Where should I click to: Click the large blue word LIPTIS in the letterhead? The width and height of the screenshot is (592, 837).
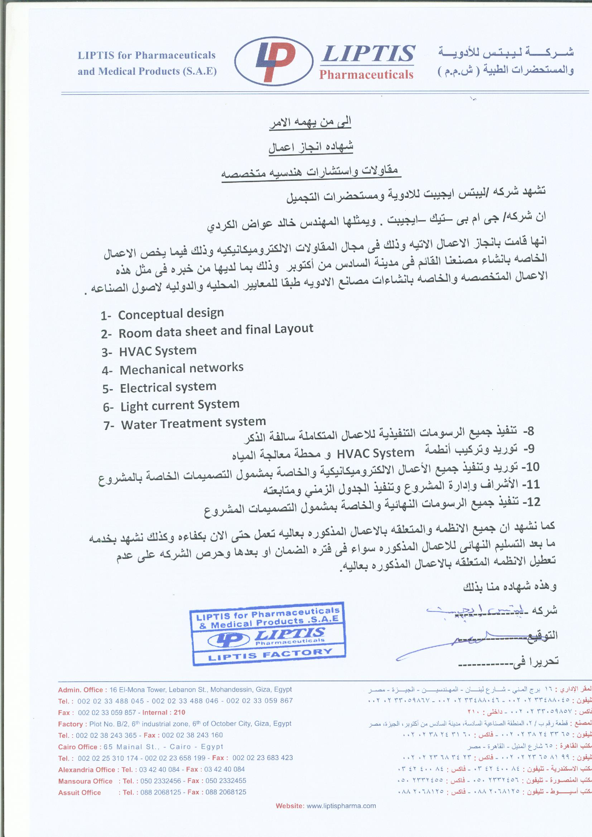tap(367, 54)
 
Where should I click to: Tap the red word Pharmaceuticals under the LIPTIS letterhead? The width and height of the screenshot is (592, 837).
tap(366, 75)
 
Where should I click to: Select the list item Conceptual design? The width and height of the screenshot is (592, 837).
tap(171, 314)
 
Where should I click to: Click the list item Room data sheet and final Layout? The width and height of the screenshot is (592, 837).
tap(216, 331)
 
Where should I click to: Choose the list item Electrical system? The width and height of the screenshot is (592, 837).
tap(168, 387)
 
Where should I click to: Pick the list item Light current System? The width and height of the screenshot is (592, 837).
tap(180, 405)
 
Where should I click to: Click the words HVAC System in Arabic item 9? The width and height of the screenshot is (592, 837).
tap(375, 453)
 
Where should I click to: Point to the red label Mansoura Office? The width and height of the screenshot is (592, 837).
tap(85, 771)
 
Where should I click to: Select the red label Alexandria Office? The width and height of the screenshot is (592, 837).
tap(86, 759)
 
